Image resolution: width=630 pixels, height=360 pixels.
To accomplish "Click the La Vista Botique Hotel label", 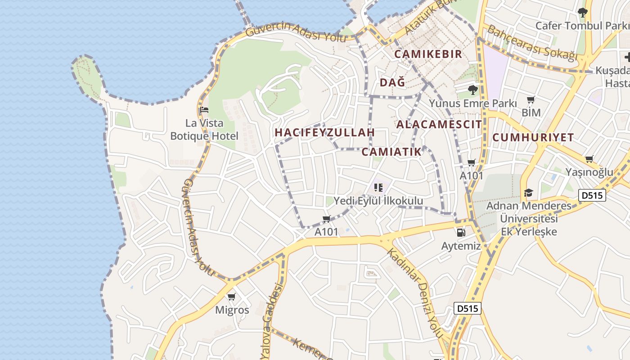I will [204, 129].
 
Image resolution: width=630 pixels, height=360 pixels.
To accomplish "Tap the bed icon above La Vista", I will [204, 109].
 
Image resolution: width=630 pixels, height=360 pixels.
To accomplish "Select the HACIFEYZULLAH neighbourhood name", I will [324, 132].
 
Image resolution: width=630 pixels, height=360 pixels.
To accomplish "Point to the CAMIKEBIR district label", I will [428, 54].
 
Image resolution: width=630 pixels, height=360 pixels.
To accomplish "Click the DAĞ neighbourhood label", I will [392, 82].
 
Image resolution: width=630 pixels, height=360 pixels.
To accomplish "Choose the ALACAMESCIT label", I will [439, 124].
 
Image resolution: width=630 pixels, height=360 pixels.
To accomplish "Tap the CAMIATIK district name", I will [391, 152].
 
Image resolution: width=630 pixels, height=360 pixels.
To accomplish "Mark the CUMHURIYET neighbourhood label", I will [533, 137].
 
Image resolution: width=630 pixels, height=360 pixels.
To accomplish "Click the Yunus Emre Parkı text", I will [472, 103].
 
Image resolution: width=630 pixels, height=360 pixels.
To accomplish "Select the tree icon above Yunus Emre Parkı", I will [472, 90].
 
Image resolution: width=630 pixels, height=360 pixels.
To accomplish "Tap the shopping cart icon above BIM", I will [531, 99].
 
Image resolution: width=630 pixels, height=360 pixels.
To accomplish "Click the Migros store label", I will [232, 310].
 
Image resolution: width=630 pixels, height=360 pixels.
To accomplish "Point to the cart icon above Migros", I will [232, 297].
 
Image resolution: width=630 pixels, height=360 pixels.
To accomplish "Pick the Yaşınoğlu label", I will [589, 172].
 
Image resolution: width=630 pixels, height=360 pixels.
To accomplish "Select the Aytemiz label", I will [461, 246].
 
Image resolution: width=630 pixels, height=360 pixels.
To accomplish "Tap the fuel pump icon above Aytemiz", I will [461, 233].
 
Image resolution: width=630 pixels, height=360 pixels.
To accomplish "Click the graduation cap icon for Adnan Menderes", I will [528, 193].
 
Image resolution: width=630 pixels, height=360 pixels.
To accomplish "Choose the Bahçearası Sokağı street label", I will [532, 43].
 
